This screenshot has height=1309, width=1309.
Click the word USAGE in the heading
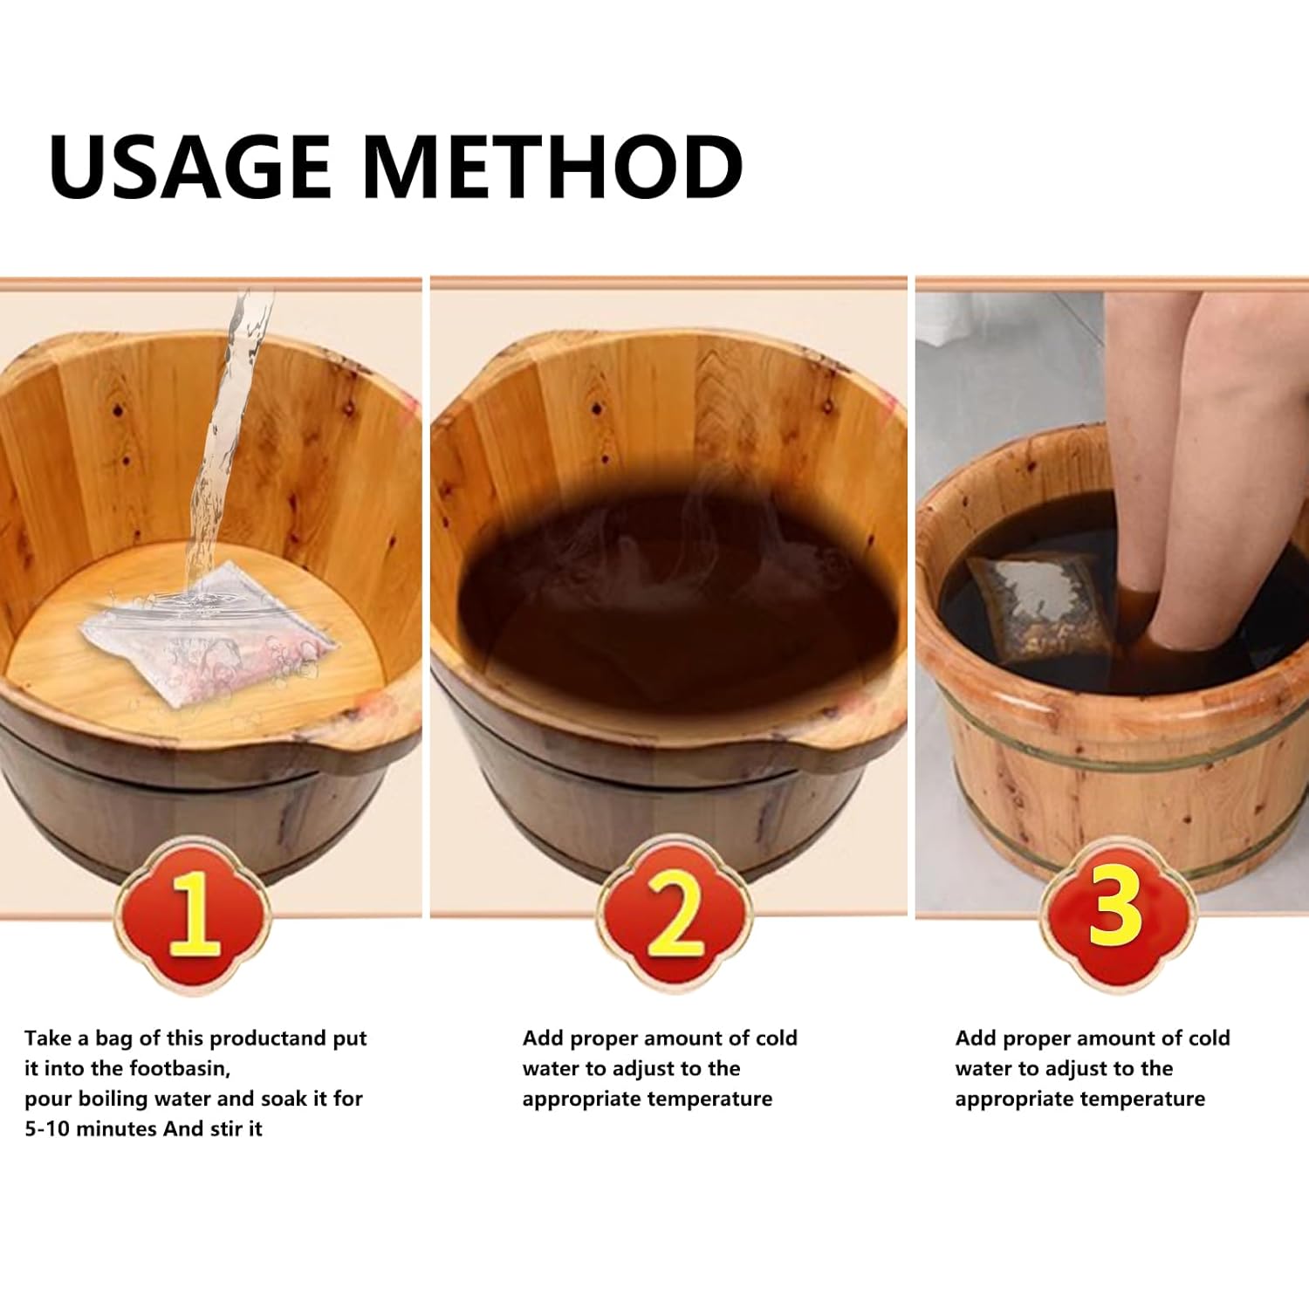(189, 166)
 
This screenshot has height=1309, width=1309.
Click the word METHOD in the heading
(552, 166)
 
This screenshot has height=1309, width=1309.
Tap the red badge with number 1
(193, 914)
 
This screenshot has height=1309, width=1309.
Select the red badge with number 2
(674, 914)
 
